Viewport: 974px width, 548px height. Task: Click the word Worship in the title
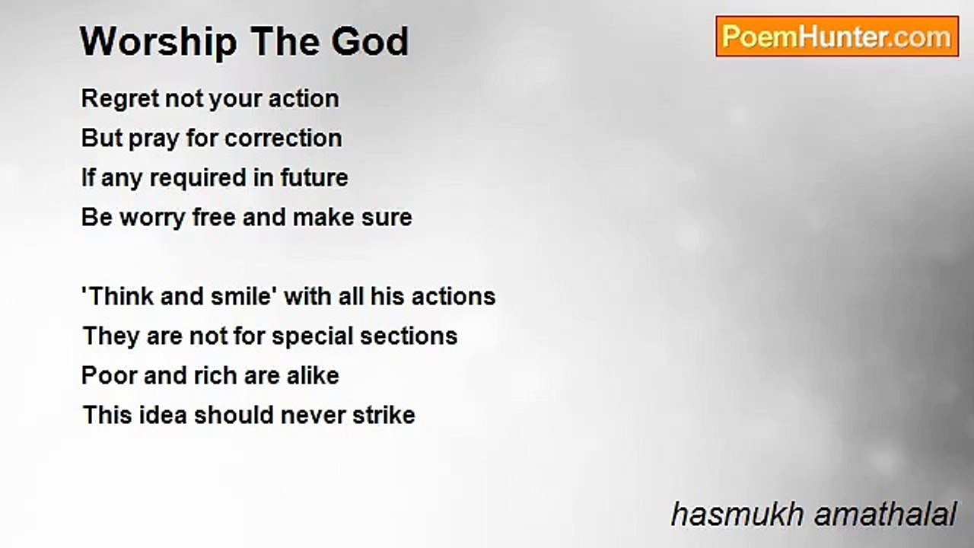pyautogui.click(x=158, y=43)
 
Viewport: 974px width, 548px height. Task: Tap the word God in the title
pyautogui.click(x=370, y=41)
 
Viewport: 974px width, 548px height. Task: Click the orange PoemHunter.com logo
pyautogui.click(x=837, y=37)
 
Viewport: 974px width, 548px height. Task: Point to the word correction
pyautogui.click(x=284, y=139)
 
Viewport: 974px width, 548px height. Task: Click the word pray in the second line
pyautogui.click(x=154, y=139)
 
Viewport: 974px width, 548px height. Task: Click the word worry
pyautogui.click(x=153, y=218)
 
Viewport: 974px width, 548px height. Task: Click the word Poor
pyautogui.click(x=109, y=376)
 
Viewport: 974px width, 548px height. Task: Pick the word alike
pyautogui.click(x=313, y=375)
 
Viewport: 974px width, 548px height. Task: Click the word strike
pyautogui.click(x=384, y=415)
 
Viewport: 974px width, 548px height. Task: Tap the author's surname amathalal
pyautogui.click(x=885, y=515)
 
